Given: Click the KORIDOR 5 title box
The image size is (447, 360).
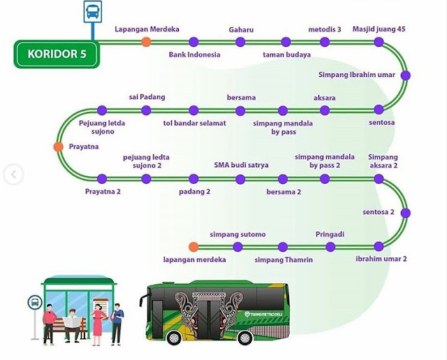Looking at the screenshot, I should pos(56,54).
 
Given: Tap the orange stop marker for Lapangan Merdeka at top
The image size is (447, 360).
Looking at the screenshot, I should pos(146,43).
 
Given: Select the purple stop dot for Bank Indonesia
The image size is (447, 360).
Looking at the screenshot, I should pos(193,43).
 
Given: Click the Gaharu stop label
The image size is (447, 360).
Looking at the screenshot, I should pos(240,29).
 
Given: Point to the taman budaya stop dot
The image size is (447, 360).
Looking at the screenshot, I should pos(286,43).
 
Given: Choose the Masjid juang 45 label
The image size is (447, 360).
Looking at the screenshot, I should pos(379,29).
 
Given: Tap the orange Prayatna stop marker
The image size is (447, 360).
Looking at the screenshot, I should pos(58,146).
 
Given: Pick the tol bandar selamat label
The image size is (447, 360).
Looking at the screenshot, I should pos(194,123).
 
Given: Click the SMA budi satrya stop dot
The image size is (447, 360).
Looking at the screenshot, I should pos(240,178).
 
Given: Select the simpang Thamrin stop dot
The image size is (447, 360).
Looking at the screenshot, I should pos(283,247).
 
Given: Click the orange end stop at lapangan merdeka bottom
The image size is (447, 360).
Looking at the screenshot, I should pos(193,247).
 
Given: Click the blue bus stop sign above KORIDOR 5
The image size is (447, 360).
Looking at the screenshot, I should pos(91,13).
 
